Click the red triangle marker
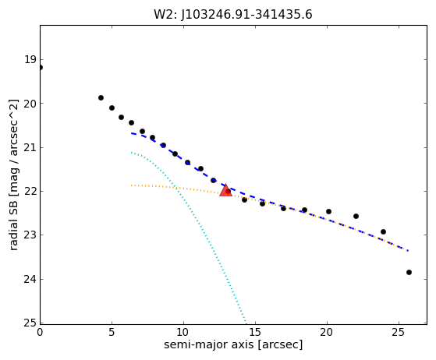225,190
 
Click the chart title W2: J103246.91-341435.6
233,15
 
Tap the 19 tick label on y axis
30,59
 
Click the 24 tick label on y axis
30,279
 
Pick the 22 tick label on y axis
30,191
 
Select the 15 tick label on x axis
255,332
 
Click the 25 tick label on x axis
399,332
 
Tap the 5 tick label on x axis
112,332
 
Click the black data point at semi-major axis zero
41,68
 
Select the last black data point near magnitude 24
409,272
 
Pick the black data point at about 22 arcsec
356,216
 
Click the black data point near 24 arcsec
383,231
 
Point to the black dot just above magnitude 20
101,97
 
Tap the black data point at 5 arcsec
112,108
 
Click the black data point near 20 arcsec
328,211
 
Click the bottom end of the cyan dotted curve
246,323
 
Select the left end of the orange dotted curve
132,185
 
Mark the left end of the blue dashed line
132,133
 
